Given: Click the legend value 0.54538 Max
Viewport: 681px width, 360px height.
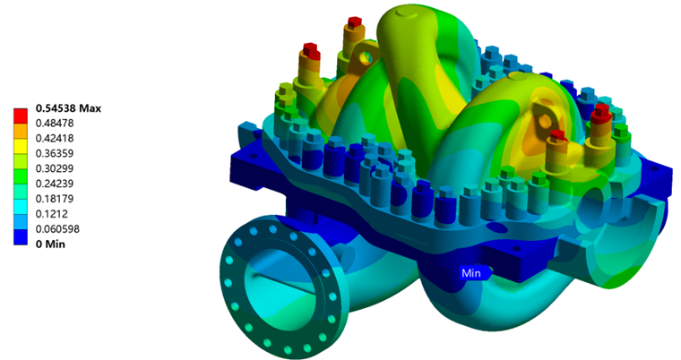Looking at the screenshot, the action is (68, 108).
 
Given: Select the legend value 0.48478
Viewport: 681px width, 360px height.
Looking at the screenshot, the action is (55, 124).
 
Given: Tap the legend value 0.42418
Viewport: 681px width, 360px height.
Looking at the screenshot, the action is (55, 139).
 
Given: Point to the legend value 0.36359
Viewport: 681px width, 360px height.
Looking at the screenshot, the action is (55, 153).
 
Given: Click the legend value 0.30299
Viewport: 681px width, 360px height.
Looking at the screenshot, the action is (55, 168).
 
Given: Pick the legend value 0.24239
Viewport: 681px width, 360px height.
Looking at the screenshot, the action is (55, 184).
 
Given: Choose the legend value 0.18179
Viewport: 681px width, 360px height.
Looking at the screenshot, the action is (55, 199).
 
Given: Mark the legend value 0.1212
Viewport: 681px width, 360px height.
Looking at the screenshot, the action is (52, 214).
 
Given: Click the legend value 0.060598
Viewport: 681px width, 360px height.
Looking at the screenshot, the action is (57, 229).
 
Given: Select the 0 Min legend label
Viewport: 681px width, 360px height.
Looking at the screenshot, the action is (50, 244).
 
